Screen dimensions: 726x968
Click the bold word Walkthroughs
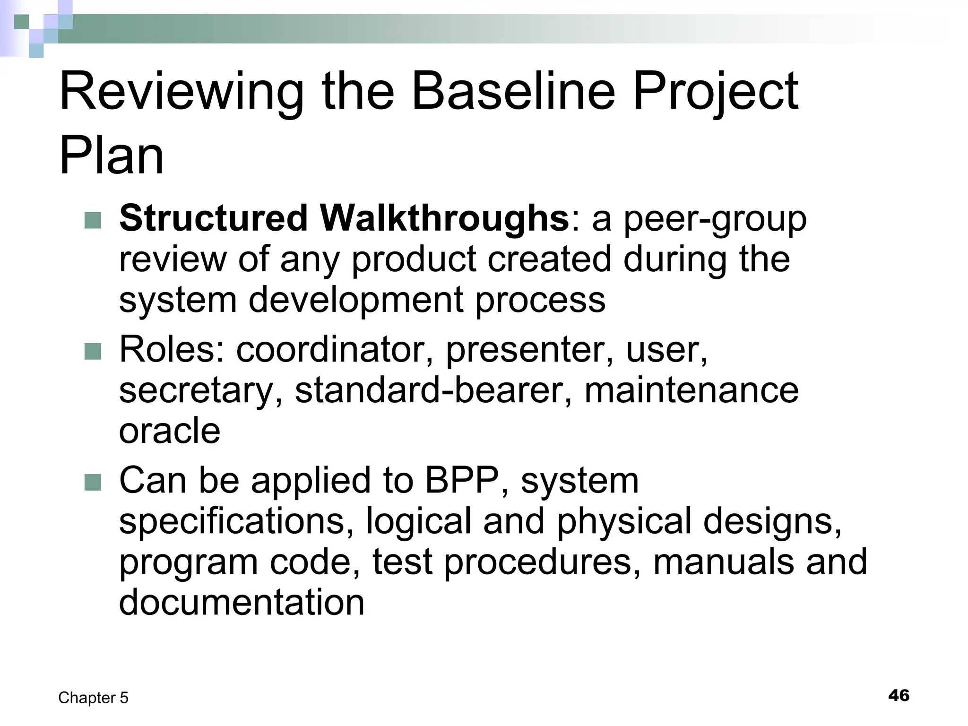(444, 218)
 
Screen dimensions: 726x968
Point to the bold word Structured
(213, 218)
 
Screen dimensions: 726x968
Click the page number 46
(899, 695)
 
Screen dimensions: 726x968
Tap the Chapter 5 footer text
(93, 698)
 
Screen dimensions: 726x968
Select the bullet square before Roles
(93, 351)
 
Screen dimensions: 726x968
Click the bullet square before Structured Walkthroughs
(93, 220)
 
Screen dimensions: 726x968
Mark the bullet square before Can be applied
(93, 482)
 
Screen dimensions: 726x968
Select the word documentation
(242, 602)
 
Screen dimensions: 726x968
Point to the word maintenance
(691, 390)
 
